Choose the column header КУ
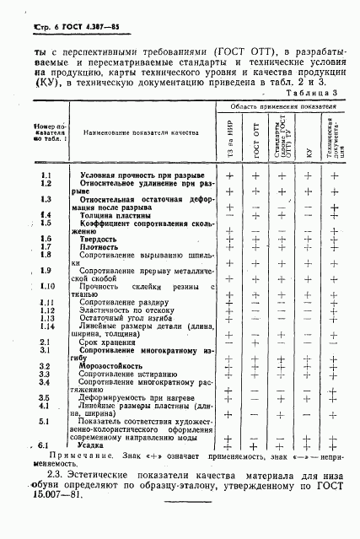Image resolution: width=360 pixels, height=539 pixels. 309,140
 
